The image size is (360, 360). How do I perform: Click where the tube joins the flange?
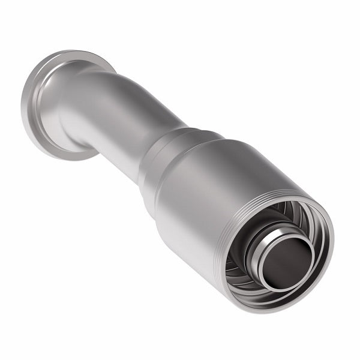pyautogui.click(x=69, y=105)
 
